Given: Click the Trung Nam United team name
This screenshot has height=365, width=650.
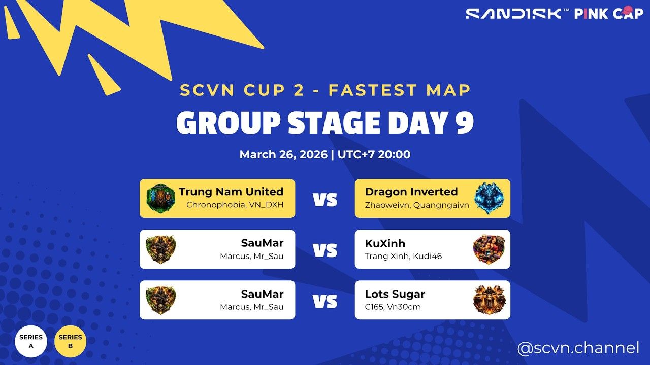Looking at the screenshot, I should point(231,192).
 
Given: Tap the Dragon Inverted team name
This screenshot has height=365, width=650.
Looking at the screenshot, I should point(411,192).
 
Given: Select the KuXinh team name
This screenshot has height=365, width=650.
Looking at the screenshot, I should point(385,244).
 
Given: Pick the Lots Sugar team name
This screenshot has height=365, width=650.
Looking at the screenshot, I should point(395,294).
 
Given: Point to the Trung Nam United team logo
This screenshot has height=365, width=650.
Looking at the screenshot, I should point(161,198).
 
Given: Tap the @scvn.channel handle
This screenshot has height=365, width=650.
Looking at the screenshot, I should point(578,348).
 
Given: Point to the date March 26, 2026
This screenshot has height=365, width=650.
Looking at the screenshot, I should point(283,154).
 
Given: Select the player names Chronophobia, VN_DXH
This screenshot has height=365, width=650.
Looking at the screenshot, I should point(235,205).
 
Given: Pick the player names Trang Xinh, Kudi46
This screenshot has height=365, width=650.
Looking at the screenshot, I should point(403,256).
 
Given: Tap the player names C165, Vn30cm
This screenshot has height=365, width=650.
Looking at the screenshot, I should point(393,307).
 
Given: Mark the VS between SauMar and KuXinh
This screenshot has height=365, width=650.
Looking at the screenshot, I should point(325,250).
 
